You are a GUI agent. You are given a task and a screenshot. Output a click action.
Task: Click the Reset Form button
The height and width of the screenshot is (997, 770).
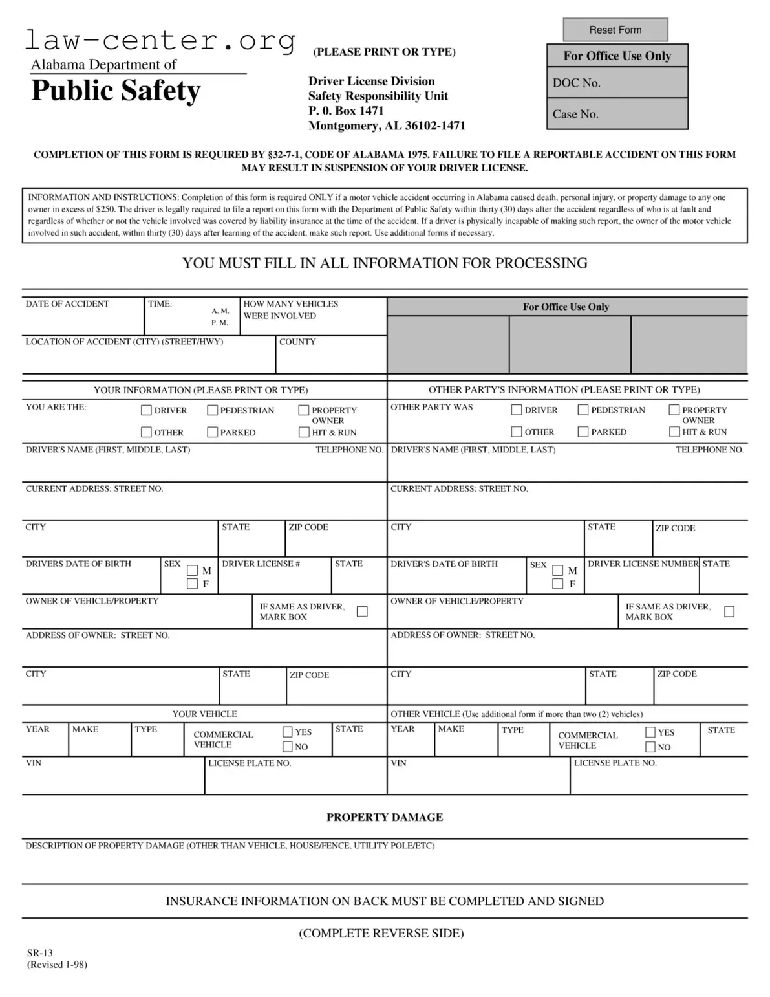click(x=615, y=30)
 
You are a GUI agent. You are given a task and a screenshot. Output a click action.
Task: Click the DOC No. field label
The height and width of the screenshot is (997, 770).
click(x=576, y=83)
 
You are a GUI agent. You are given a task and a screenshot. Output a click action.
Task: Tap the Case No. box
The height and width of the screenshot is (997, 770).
click(x=617, y=115)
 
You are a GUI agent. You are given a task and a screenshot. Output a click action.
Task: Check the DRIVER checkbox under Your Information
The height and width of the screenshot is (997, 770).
click(x=147, y=410)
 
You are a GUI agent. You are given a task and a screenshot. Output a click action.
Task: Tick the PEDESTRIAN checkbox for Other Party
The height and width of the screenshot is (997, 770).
click(x=583, y=410)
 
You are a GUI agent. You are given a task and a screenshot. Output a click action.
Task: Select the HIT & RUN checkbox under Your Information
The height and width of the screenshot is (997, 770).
click(x=304, y=432)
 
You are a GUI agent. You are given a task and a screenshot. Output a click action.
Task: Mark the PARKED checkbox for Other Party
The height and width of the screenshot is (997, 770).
click(x=583, y=432)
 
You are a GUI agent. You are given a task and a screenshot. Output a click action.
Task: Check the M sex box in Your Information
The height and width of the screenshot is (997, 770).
click(x=192, y=570)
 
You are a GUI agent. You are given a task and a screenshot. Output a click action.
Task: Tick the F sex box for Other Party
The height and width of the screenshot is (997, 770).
click(x=557, y=584)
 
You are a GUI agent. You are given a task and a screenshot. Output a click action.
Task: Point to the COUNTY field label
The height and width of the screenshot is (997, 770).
click(x=297, y=342)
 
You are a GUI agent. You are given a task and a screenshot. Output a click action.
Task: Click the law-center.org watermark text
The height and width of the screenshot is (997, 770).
click(x=160, y=40)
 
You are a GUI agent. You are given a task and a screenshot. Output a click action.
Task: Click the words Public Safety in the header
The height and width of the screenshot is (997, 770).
click(x=116, y=91)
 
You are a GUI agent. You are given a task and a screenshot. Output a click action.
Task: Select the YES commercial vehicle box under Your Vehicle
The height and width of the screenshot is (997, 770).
click(x=288, y=732)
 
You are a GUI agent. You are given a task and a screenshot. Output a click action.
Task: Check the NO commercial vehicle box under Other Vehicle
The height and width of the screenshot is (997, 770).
click(x=651, y=747)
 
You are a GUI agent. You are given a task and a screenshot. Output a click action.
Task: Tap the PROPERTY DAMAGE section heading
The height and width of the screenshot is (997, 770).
click(x=385, y=817)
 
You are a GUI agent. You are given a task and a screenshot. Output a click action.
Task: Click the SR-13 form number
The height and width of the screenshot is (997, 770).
click(x=40, y=952)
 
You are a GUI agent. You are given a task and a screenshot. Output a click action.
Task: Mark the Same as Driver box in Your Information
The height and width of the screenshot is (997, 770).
click(x=362, y=611)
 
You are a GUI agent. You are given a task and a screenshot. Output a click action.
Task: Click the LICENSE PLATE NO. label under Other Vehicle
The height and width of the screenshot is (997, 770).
click(x=615, y=763)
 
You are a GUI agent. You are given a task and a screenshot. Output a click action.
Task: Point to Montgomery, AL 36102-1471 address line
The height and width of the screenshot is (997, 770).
click(x=387, y=126)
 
